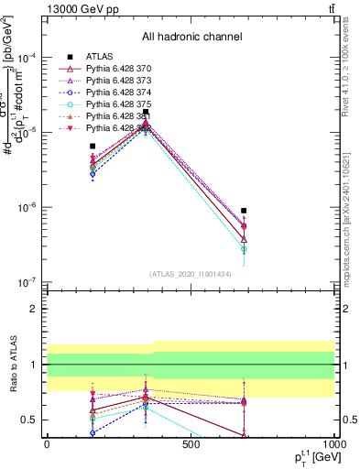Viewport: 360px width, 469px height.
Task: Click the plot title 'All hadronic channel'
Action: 191,38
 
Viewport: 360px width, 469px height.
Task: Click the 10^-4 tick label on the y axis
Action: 28,57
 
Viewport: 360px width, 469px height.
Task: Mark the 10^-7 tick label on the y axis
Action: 28,281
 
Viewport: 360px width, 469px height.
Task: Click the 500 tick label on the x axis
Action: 191,445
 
